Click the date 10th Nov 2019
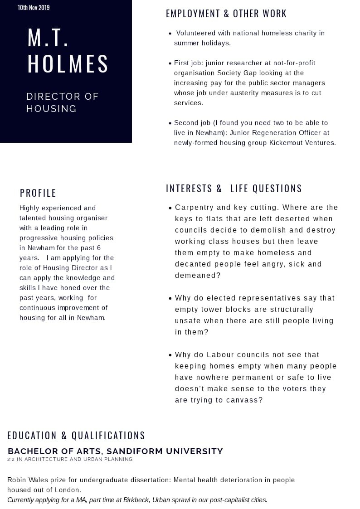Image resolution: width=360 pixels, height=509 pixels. tap(34, 8)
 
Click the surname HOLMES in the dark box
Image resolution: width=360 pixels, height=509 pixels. tap(68, 64)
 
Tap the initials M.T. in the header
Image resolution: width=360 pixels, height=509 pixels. tap(48, 38)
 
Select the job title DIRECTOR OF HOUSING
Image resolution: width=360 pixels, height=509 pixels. tap(62, 102)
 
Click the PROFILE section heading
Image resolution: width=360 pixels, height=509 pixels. tap(38, 193)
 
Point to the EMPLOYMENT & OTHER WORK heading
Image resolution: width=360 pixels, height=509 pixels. tap(226, 14)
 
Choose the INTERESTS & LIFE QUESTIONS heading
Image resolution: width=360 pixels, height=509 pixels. tap(234, 189)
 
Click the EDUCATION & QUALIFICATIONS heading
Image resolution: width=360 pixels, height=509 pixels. tap(76, 436)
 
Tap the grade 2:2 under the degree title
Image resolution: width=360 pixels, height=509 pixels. tap(10, 460)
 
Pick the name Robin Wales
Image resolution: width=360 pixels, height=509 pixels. tap(27, 480)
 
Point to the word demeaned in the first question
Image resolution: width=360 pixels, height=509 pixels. tap(195, 276)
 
